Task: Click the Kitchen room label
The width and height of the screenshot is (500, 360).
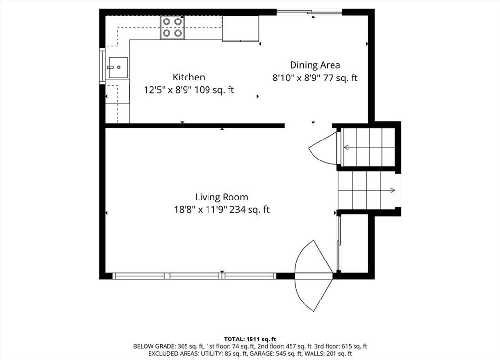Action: pos(189,77)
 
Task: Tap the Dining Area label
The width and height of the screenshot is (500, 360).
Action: pos(315,65)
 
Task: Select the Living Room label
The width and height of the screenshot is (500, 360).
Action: pos(221,197)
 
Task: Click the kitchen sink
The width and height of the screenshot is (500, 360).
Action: pos(118,67)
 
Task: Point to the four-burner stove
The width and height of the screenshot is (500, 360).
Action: pos(172,28)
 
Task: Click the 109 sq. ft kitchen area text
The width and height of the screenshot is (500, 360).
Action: pos(214,90)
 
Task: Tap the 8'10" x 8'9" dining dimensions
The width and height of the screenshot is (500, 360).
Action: pos(296,78)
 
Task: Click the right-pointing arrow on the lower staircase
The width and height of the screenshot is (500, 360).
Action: pos(366,191)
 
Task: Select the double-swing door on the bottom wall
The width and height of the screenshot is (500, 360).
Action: pos(314,276)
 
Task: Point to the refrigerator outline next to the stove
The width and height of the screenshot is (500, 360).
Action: pos(240,29)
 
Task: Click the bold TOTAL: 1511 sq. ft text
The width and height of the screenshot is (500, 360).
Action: pos(250,339)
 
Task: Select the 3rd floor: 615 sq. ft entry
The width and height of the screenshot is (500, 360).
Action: pos(341,346)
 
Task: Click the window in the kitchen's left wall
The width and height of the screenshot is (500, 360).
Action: pos(102,66)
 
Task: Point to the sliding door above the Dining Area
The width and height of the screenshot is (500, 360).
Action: pos(309,12)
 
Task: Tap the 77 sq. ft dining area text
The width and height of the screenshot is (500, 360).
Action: pos(340,78)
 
